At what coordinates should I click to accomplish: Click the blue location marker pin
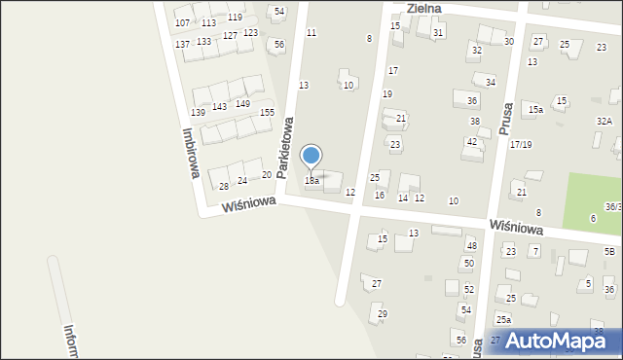(311, 157)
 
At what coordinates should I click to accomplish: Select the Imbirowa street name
(191, 154)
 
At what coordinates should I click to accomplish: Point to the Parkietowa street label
(285, 148)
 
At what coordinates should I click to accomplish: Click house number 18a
(311, 181)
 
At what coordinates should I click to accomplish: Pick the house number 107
(182, 22)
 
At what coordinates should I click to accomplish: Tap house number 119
(235, 18)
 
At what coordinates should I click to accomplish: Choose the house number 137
(182, 45)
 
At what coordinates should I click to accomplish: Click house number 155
(266, 113)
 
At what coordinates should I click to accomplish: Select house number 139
(198, 113)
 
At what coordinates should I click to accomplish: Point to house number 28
(223, 186)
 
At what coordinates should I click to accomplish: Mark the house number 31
(438, 33)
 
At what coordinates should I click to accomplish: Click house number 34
(491, 83)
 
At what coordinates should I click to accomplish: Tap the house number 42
(471, 142)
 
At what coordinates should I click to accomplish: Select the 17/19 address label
(521, 144)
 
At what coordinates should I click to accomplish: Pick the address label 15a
(535, 110)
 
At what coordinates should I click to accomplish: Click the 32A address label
(604, 122)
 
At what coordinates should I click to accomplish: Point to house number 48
(471, 246)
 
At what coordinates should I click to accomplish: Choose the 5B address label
(609, 252)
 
